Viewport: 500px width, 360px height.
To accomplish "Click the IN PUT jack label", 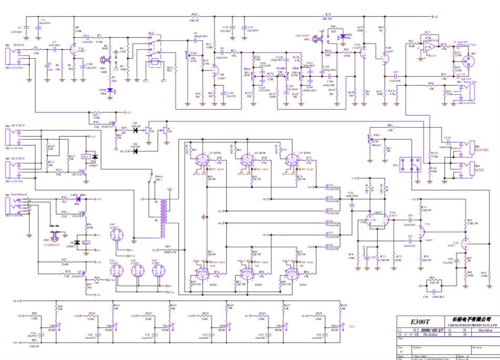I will (18, 45).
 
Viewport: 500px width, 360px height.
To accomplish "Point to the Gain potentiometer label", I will (193, 53).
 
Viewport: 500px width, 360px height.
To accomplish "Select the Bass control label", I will (247, 68).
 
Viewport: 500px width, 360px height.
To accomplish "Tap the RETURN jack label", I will (482, 150).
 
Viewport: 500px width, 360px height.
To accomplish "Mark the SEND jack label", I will (479, 171).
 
